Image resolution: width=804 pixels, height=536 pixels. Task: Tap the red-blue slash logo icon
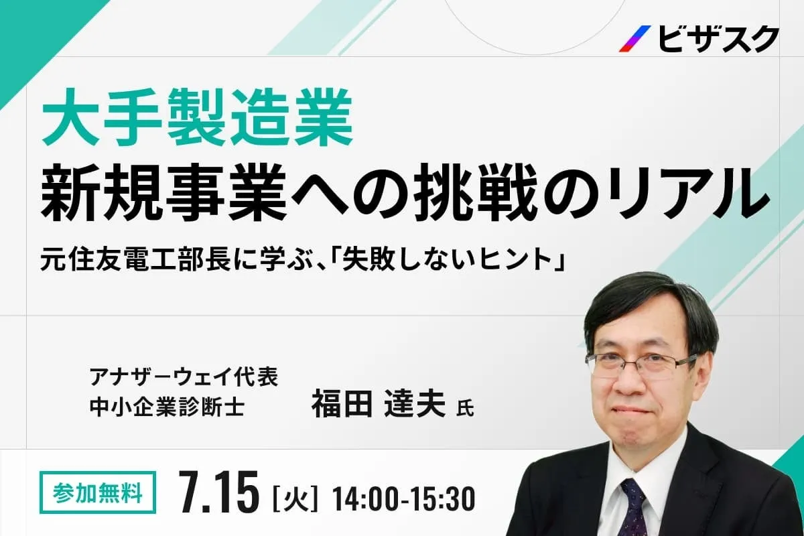click(x=635, y=39)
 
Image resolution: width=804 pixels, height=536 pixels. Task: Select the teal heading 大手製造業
click(x=198, y=119)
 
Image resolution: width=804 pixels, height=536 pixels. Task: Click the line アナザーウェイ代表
click(x=184, y=377)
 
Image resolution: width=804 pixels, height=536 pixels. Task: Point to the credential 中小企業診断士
click(x=167, y=407)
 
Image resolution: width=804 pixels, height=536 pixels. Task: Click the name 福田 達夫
click(x=379, y=404)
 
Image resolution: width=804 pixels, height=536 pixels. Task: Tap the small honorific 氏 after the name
click(x=465, y=409)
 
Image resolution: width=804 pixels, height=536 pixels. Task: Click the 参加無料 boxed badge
click(x=98, y=492)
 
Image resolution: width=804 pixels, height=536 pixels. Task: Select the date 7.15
click(x=219, y=492)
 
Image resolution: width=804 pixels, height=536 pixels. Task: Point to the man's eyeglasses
click(x=640, y=362)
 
